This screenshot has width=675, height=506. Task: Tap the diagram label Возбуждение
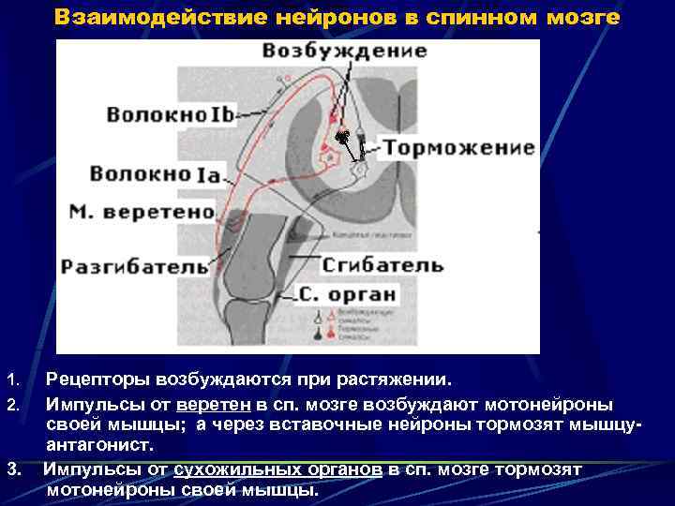344,51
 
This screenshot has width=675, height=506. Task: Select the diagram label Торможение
457,148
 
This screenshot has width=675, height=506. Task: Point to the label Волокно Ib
169,114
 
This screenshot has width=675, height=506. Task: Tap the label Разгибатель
134,267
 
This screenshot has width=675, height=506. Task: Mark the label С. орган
347,295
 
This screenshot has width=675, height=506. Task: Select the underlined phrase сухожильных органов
277,469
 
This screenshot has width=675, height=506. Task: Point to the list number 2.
12,405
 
